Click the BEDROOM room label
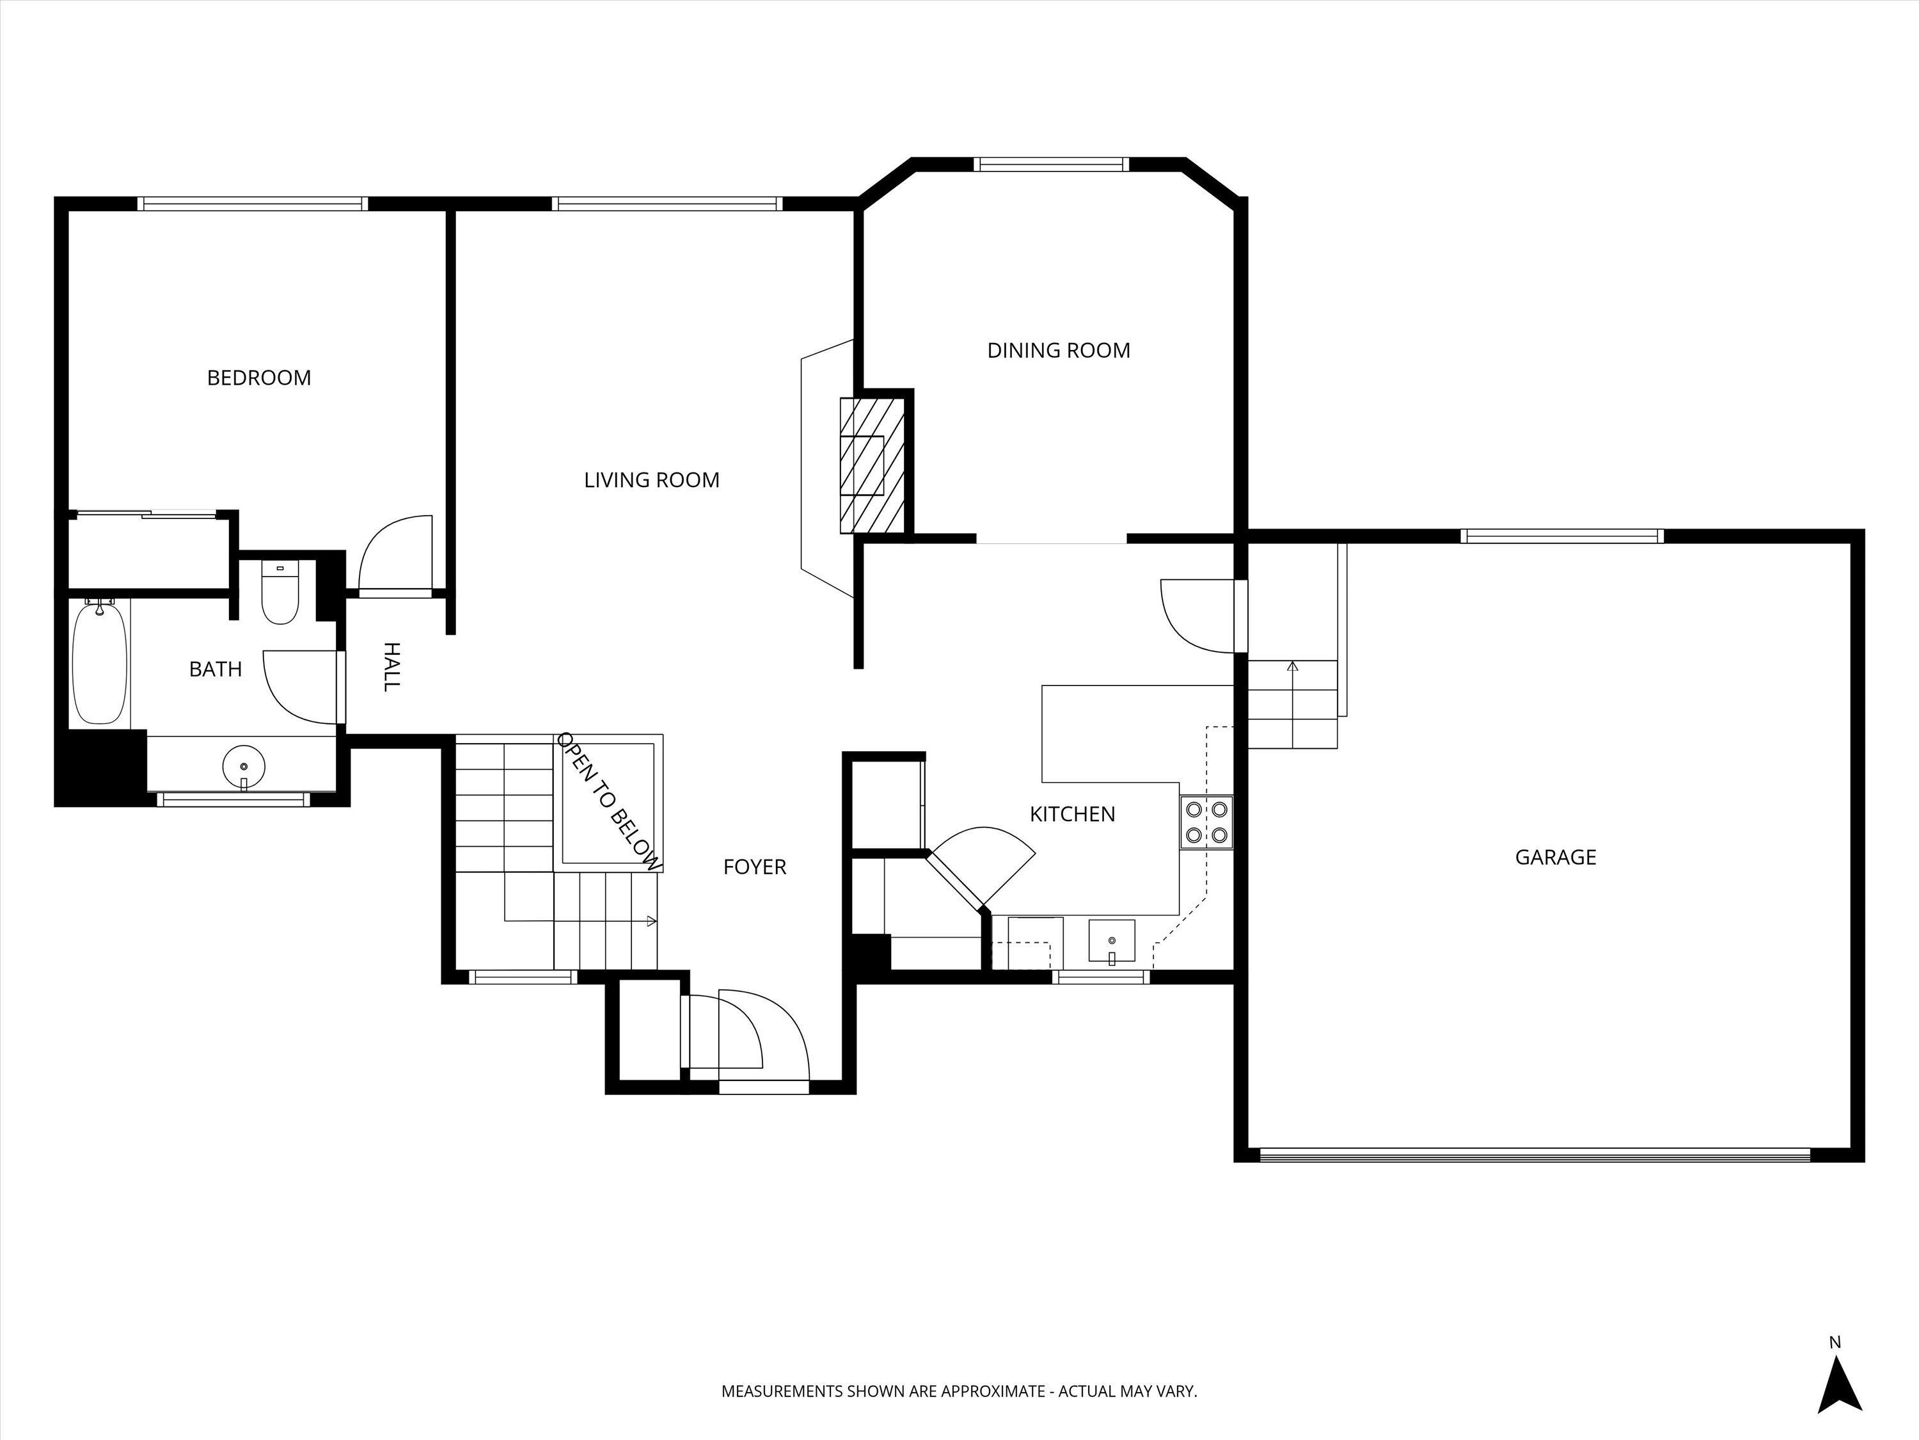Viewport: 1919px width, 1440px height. (258, 378)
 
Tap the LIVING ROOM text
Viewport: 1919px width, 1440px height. (652, 480)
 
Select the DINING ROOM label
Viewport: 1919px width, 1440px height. (1059, 351)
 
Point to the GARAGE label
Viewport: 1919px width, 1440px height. (1556, 858)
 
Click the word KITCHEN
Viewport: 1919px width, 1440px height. (1072, 814)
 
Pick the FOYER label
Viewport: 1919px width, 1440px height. (755, 867)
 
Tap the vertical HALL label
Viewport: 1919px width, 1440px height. (392, 667)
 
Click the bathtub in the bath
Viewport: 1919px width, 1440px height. (100, 664)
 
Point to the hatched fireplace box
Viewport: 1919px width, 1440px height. (872, 465)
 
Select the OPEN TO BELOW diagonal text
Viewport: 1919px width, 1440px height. (610, 801)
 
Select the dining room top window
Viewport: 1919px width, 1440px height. (1050, 164)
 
